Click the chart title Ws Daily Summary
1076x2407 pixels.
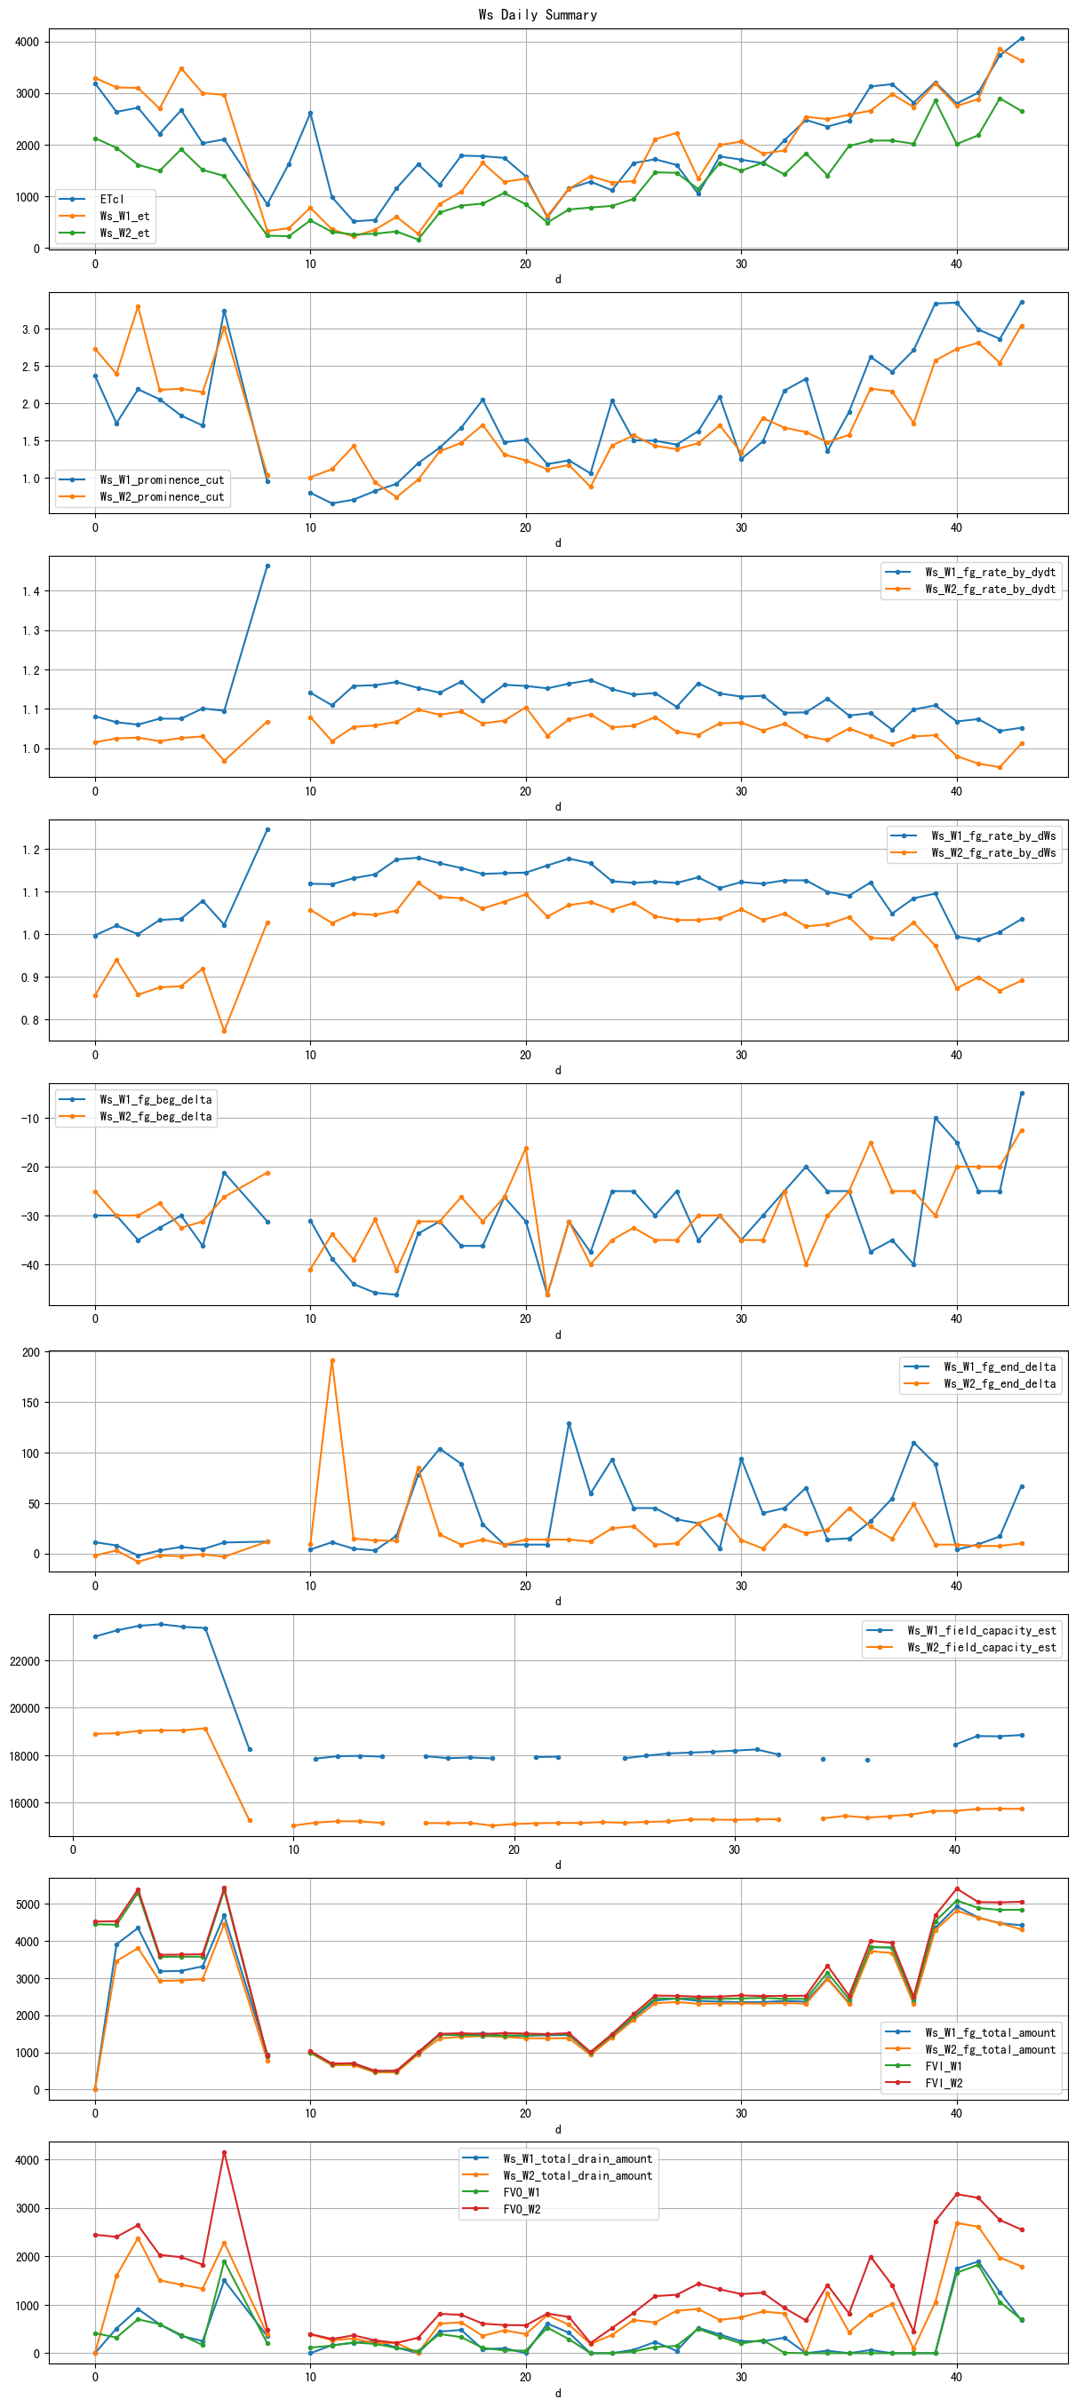click(x=538, y=14)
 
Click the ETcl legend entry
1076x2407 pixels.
click(x=111, y=199)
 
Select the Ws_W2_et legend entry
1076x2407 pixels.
click(x=124, y=233)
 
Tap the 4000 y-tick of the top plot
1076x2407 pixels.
click(x=28, y=42)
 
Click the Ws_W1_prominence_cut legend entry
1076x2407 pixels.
click(x=162, y=479)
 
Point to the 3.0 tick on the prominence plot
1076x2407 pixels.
click(x=31, y=329)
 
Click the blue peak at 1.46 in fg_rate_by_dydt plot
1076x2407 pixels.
click(x=267, y=566)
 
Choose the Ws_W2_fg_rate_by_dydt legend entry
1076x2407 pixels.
click(x=990, y=589)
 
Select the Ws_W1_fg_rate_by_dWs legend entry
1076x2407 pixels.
click(x=992, y=835)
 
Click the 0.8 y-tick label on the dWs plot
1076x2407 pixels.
click(x=31, y=1020)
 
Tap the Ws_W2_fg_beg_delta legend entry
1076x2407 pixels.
click(x=155, y=1116)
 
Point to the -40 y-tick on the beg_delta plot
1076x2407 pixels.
click(x=28, y=1265)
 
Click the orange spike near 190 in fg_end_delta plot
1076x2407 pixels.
click(x=332, y=1360)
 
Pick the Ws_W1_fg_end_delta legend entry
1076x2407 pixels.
click(x=1000, y=1366)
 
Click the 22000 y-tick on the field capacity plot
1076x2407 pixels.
click(x=24, y=1661)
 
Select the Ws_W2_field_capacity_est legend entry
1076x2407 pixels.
click(x=982, y=1647)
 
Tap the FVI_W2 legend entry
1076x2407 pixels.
click(x=944, y=2083)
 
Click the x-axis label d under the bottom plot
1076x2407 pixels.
click(x=558, y=2393)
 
